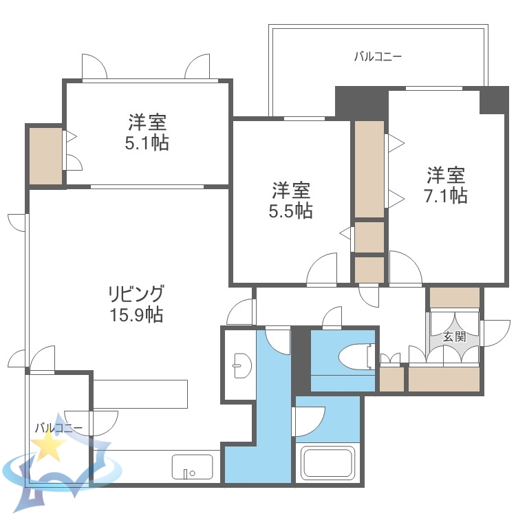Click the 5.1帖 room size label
148,143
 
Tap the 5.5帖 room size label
290,211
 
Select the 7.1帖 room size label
446,195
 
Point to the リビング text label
136,294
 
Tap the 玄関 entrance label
454,336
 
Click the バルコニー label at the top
378,56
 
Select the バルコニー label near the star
58,428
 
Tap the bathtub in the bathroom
328,462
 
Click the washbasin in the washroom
240,364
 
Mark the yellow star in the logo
49,447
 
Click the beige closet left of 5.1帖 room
45,155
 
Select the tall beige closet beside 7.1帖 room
369,169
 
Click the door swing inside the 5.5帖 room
322,269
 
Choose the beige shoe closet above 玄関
454,297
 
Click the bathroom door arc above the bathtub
310,420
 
